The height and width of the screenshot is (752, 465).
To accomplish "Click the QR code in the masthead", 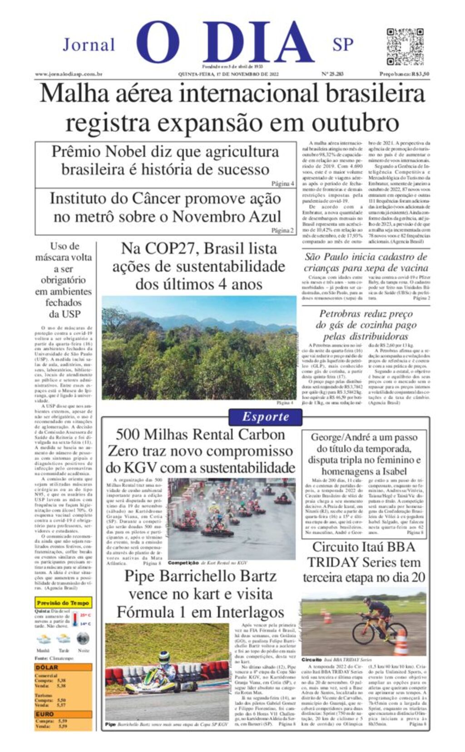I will click(x=405, y=47).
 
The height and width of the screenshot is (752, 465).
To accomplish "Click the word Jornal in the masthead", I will click(x=89, y=45).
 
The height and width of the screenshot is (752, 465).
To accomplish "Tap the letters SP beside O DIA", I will click(x=343, y=45).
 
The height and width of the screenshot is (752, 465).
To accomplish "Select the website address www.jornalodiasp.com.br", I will click(x=68, y=74).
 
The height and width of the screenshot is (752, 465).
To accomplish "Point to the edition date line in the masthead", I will click(x=228, y=74).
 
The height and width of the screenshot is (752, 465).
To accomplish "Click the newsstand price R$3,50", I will click(x=405, y=74).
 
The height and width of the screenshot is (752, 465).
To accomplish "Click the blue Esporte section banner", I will click(x=265, y=416).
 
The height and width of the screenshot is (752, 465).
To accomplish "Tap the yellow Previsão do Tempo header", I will click(x=63, y=603).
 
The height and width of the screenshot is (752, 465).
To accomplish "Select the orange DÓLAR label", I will click(x=47, y=667).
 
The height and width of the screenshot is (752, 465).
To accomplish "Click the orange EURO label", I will click(x=45, y=714).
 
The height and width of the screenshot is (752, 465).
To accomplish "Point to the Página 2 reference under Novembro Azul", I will click(x=282, y=230).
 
